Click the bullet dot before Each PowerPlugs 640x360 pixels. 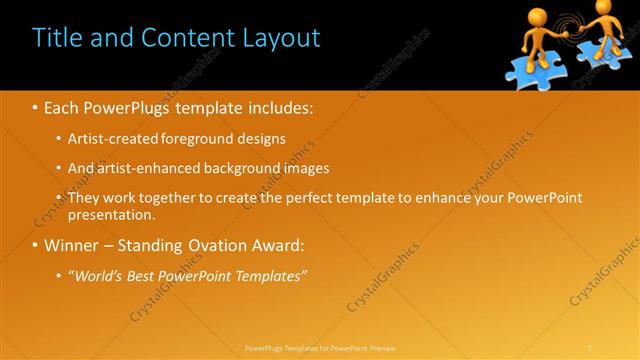coord(37,106)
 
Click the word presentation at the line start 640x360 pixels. coord(110,214)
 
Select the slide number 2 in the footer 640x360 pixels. coord(590,348)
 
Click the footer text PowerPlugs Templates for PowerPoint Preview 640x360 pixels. coord(319,348)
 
